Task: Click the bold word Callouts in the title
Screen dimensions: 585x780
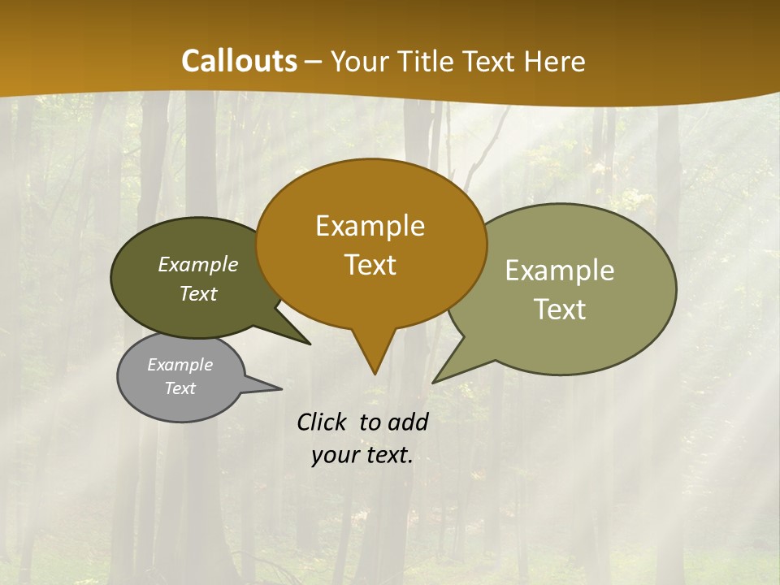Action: click(239, 61)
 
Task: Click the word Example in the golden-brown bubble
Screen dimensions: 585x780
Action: click(370, 226)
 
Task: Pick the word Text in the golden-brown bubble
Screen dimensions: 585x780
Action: click(370, 265)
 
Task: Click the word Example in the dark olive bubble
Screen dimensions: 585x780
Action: click(198, 264)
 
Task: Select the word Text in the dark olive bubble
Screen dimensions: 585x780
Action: click(198, 293)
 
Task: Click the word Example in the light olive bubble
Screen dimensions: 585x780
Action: click(560, 270)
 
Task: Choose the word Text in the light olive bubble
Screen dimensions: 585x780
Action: click(560, 309)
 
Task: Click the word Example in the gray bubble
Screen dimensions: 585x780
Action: click(180, 365)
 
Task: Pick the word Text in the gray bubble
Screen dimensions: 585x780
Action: click(180, 388)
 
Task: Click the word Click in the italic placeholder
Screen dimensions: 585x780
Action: click(323, 422)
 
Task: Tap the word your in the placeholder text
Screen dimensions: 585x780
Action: click(335, 456)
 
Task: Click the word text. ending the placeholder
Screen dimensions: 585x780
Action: click(388, 456)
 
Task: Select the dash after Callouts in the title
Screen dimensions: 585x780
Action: click(314, 61)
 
